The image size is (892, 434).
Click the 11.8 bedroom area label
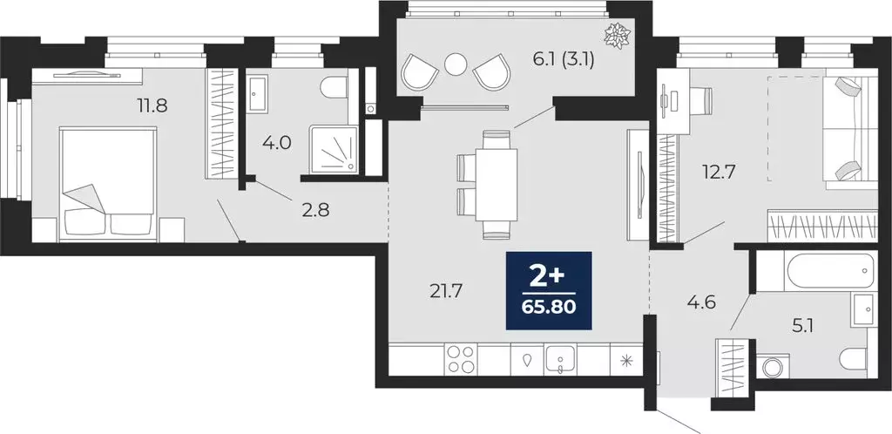click(151, 106)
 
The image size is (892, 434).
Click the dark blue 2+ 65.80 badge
click(549, 291)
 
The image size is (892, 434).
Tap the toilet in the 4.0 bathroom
click(334, 89)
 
